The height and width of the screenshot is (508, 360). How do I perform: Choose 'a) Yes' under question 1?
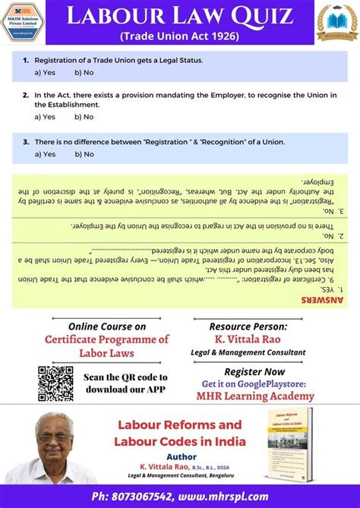45,72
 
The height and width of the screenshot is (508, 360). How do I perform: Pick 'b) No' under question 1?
84,72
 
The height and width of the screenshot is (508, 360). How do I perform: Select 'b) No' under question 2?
84,117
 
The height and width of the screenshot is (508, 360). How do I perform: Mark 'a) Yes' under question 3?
45,154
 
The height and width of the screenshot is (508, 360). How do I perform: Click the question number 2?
26,96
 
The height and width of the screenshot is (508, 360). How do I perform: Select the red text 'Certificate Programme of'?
106,339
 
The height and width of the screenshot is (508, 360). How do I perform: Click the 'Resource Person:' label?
248,326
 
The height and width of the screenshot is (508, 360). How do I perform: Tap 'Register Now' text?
254,371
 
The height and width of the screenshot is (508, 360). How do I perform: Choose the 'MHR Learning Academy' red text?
254,396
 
